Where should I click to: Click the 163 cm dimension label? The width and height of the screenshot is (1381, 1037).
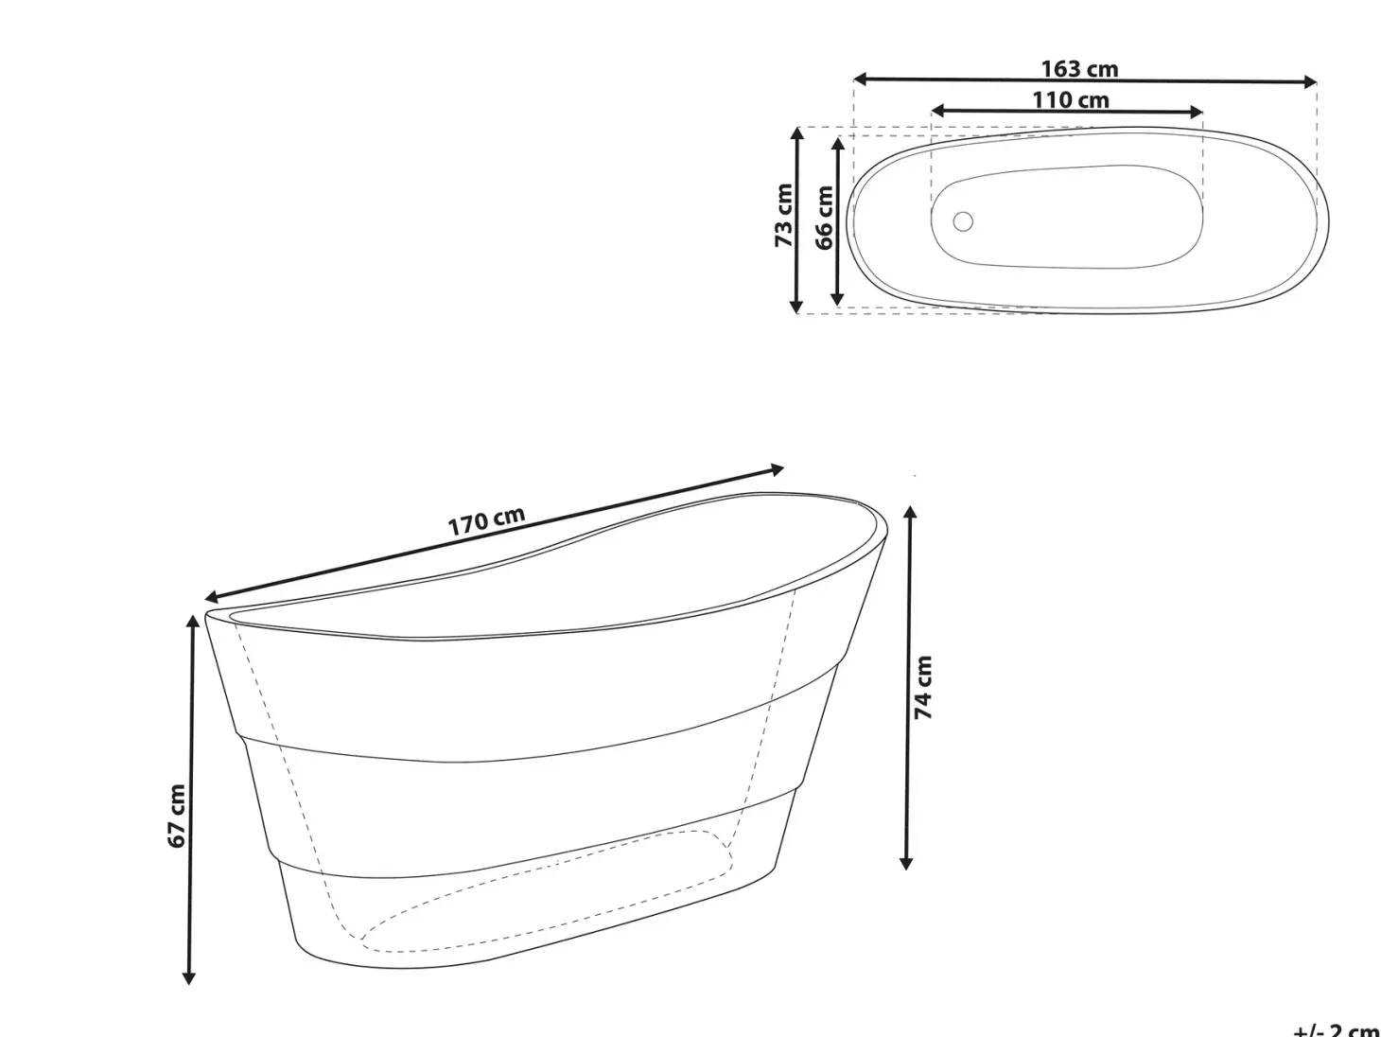1079,68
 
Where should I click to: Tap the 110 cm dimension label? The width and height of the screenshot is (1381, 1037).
1070,99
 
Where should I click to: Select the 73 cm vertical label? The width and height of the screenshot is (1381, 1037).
783,216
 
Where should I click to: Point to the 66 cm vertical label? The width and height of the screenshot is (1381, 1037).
824,218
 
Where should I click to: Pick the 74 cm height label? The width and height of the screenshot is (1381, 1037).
923,687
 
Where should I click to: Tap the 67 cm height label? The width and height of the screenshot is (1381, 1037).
178,817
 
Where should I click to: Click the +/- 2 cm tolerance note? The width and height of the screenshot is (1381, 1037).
1337,1029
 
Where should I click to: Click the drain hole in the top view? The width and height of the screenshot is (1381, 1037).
963,221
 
